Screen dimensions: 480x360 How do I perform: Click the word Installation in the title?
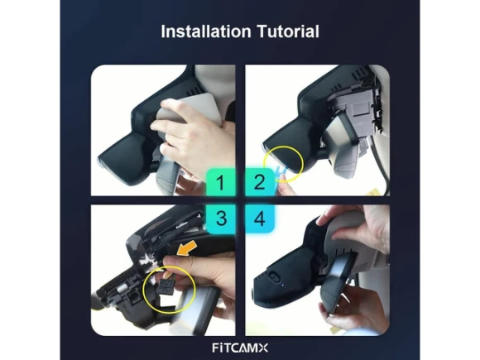click(206, 31)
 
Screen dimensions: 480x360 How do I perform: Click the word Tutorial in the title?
click(288, 31)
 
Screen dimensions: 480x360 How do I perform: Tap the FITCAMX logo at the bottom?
click(240, 348)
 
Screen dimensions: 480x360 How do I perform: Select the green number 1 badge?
click(220, 182)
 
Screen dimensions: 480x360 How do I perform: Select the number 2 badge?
click(260, 182)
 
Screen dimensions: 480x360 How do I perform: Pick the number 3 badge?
click(221, 218)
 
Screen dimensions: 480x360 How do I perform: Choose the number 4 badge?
click(260, 218)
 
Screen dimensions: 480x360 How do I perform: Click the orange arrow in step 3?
click(187, 248)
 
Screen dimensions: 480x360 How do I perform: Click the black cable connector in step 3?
click(166, 286)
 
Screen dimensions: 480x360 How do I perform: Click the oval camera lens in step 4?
click(273, 277)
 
